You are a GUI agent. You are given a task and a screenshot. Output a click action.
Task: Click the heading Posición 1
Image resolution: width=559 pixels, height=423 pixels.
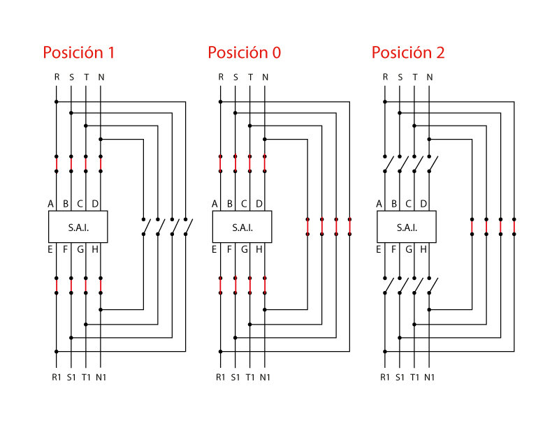[x=78, y=53]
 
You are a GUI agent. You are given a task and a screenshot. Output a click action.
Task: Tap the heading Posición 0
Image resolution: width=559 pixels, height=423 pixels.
[x=244, y=53]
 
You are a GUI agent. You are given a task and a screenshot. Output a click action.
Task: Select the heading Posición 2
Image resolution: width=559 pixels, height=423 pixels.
[x=408, y=53]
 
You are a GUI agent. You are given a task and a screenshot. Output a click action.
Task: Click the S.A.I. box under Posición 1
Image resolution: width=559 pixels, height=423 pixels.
[x=78, y=228]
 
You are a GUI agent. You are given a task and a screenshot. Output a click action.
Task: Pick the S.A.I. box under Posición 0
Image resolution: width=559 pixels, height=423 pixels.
[x=242, y=228]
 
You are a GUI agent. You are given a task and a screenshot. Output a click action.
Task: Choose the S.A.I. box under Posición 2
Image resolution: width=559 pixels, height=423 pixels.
[x=407, y=228]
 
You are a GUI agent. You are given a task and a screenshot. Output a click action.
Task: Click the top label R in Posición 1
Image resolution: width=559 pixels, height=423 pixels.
[x=57, y=77]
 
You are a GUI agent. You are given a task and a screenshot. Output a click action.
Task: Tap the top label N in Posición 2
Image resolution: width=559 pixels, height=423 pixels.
[x=429, y=77]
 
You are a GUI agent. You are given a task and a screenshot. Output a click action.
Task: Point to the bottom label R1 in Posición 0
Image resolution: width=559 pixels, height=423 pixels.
[x=221, y=378]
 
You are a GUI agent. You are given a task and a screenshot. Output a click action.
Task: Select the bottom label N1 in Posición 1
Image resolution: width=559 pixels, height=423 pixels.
[x=101, y=378]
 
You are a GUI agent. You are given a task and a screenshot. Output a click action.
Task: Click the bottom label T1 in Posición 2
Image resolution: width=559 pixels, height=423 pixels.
[x=414, y=378]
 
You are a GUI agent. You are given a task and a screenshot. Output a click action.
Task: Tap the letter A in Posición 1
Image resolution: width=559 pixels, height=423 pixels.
[x=50, y=204]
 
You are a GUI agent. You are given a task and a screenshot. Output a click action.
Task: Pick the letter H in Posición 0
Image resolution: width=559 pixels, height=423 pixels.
[x=259, y=249]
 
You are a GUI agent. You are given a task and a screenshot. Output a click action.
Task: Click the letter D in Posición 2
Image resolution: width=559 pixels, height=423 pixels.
[x=423, y=204]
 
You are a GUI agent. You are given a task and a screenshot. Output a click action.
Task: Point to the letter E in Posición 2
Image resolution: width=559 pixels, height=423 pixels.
[x=379, y=249]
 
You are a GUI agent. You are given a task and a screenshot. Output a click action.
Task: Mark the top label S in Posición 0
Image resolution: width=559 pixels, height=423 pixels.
[x=235, y=77]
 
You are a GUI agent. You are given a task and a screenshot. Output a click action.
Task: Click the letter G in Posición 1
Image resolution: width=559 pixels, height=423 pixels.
[x=80, y=249]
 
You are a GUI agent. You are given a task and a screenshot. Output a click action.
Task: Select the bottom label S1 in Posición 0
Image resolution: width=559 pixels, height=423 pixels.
[x=235, y=378]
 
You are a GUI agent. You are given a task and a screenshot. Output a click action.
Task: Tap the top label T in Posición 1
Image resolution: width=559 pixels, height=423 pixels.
[x=86, y=77]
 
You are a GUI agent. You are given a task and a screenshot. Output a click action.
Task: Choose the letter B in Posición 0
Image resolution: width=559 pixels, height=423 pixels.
[x=230, y=204]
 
